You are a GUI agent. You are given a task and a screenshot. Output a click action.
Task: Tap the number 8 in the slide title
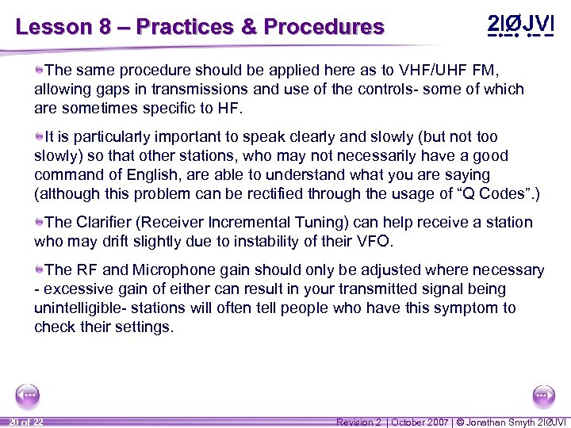[x=105, y=27]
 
